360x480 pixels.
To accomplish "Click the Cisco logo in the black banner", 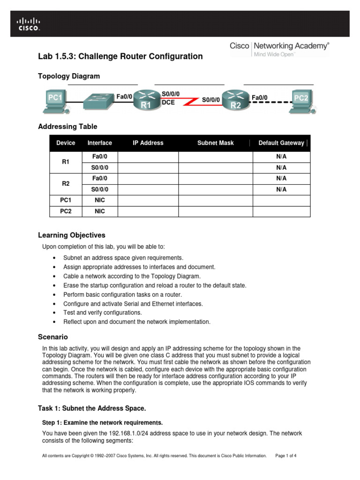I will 29,24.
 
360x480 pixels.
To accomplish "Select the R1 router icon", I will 146,100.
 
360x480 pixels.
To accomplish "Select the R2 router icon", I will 235,100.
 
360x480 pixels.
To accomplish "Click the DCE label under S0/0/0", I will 168,102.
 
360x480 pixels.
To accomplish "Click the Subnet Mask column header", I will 215,143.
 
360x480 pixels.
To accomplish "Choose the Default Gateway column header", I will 281,143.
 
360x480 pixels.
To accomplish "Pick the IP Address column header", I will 148,143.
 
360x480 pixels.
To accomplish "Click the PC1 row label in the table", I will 66,200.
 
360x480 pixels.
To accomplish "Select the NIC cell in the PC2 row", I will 99,211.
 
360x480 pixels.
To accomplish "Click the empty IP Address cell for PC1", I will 148,200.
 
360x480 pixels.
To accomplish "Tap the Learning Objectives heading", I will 71,235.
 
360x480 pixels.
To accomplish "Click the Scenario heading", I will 52,337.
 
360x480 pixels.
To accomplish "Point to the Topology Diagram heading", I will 68,76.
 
